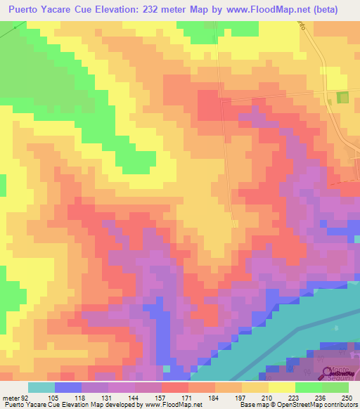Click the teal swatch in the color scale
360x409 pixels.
coord(41,387)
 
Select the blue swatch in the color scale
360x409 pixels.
coord(67,387)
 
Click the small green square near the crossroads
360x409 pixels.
coord(343,98)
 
